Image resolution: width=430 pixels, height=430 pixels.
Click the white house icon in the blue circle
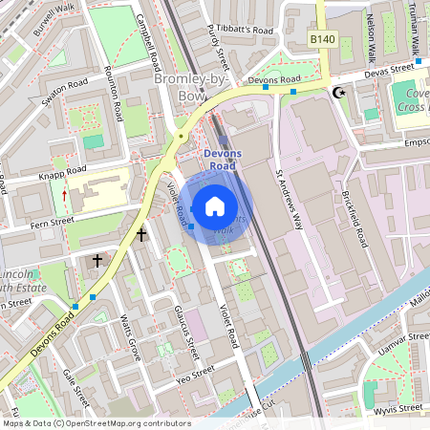215,204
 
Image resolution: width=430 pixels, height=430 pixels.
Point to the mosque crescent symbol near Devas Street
336,93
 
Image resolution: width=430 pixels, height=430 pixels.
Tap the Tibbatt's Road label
245,29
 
